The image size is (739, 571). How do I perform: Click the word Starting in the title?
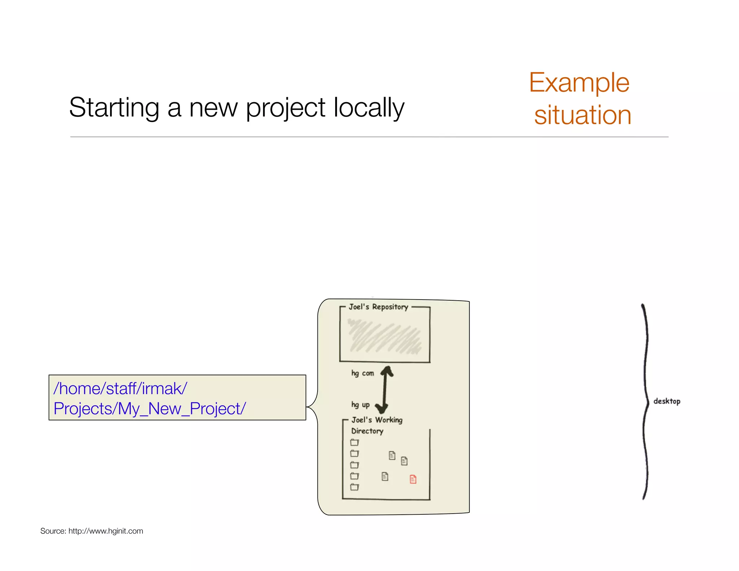click(x=114, y=108)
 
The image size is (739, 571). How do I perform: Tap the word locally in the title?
click(x=369, y=108)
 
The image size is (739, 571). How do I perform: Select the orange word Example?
click(x=579, y=83)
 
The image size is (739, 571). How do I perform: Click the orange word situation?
click(x=582, y=115)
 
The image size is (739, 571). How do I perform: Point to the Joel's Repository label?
click(x=378, y=307)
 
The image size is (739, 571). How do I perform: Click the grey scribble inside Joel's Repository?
click(x=384, y=337)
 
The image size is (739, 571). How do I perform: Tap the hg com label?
click(x=362, y=373)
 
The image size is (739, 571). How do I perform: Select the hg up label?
click(x=360, y=405)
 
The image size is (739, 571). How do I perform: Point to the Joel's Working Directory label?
click(x=376, y=425)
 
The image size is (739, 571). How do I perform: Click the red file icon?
click(x=413, y=479)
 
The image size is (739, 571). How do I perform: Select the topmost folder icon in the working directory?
click(x=354, y=442)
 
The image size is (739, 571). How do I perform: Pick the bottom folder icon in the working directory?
click(x=354, y=487)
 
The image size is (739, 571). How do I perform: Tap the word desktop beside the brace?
click(x=666, y=401)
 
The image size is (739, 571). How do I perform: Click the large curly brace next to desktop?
click(x=645, y=401)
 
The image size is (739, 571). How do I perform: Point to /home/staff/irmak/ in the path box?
click(x=120, y=389)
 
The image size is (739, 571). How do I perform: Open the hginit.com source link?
click(x=105, y=531)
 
